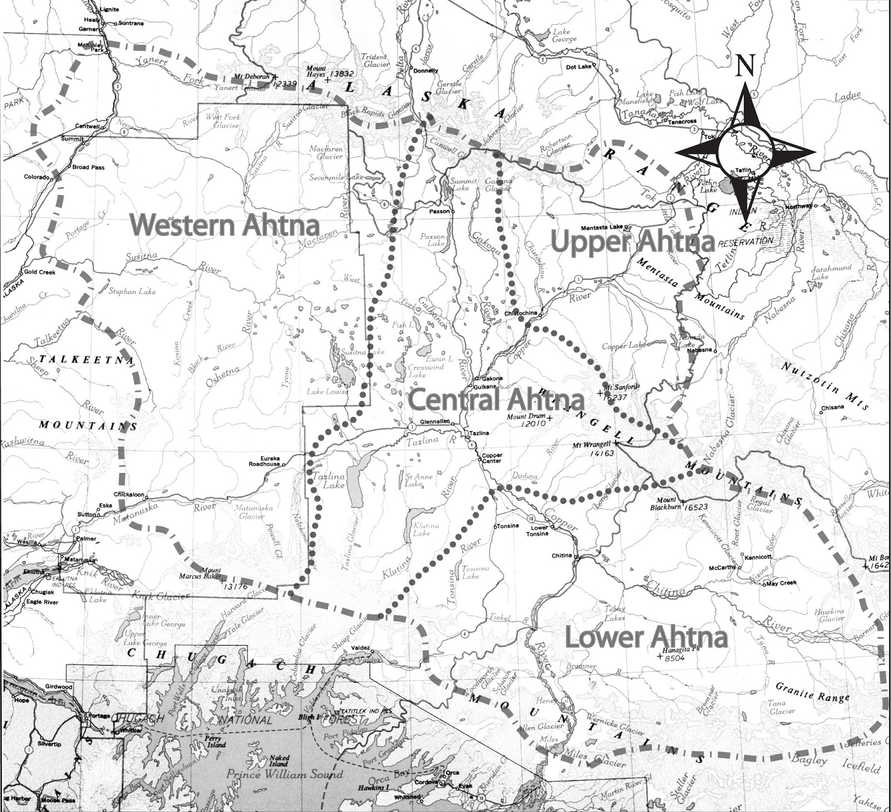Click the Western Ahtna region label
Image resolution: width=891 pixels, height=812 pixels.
tap(225, 225)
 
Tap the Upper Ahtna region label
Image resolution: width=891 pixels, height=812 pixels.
tap(632, 242)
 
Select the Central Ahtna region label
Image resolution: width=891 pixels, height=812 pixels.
tap(496, 400)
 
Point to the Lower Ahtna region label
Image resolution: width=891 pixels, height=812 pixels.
tap(646, 637)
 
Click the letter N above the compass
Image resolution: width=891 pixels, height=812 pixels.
tap(745, 66)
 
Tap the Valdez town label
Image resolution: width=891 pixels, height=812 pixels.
tap(363, 648)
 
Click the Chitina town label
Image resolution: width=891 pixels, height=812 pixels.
tap(561, 555)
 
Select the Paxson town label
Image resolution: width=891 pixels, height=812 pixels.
tap(439, 212)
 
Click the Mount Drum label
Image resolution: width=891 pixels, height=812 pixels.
tap(526, 417)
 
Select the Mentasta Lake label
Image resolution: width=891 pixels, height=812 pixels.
tap(601, 228)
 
